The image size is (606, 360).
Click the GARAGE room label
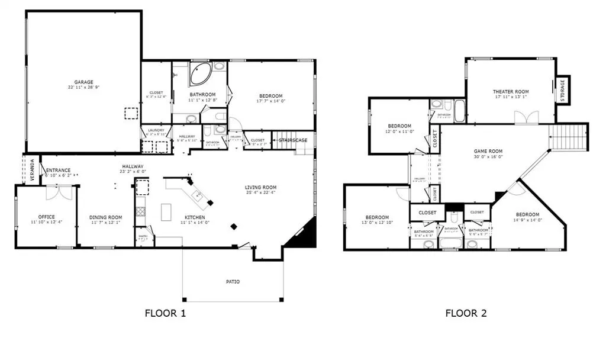click(83, 82)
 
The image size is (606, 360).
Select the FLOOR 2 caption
click(466, 313)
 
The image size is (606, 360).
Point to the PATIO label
click(233, 281)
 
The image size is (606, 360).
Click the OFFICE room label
click(46, 217)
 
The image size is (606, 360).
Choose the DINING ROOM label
click(106, 217)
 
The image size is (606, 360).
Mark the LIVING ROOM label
click(261, 188)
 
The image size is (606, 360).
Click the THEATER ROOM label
click(511, 92)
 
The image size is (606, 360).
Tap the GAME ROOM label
click(488, 152)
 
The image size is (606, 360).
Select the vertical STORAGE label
click(562, 90)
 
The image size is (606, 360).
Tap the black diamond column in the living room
click(234, 226)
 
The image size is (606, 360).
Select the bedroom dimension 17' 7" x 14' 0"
click(270, 101)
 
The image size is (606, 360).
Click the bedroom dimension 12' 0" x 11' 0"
click(399, 131)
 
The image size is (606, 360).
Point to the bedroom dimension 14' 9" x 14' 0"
click(527, 220)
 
